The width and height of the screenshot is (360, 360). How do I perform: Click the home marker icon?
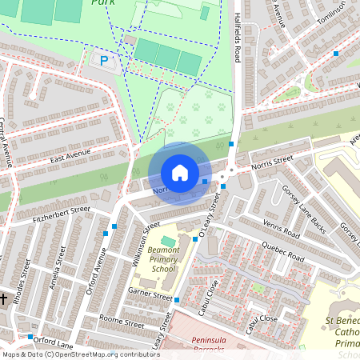179,173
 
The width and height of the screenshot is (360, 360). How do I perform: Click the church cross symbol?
4,299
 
